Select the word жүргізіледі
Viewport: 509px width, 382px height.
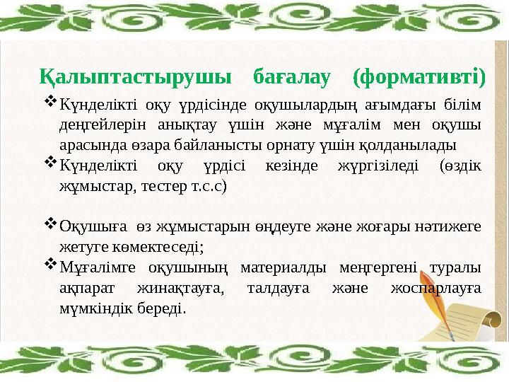pyautogui.click(x=369, y=167)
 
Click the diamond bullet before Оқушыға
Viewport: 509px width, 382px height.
pyautogui.click(x=51, y=224)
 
